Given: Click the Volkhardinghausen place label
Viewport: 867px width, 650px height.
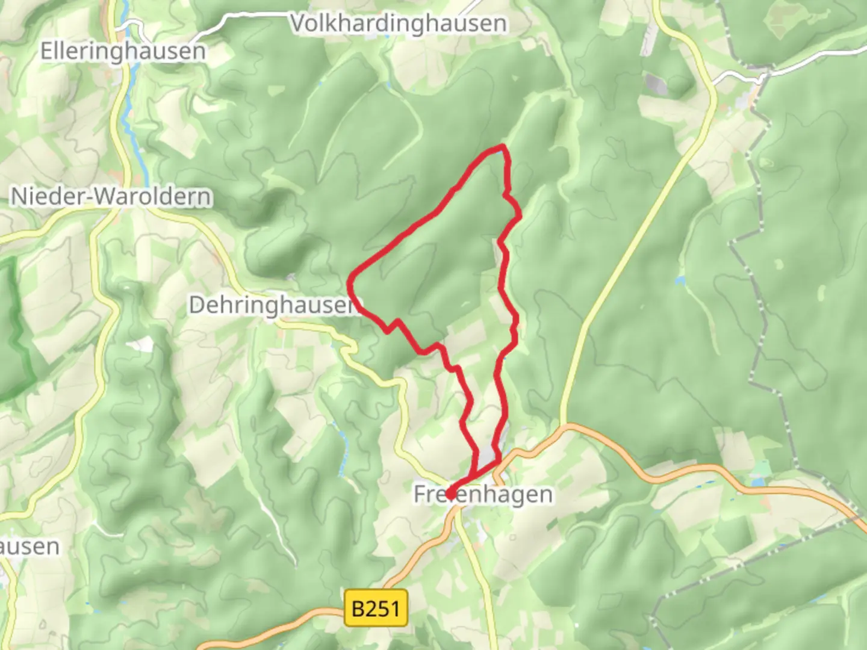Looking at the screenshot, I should pyautogui.click(x=399, y=24).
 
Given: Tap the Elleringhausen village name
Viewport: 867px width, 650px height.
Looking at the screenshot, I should pyautogui.click(x=123, y=51).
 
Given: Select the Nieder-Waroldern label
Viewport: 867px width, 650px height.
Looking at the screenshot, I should pyautogui.click(x=111, y=196).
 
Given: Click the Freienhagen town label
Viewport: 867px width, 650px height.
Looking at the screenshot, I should pyautogui.click(x=483, y=495).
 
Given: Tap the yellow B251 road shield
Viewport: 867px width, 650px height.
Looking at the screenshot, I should pyautogui.click(x=375, y=608).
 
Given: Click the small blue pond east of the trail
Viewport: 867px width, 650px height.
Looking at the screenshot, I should pyautogui.click(x=680, y=280).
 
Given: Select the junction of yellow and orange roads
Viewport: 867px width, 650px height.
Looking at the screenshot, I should pyautogui.click(x=563, y=426).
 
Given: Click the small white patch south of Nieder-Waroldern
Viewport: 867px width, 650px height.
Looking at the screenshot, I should pyautogui.click(x=142, y=344).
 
